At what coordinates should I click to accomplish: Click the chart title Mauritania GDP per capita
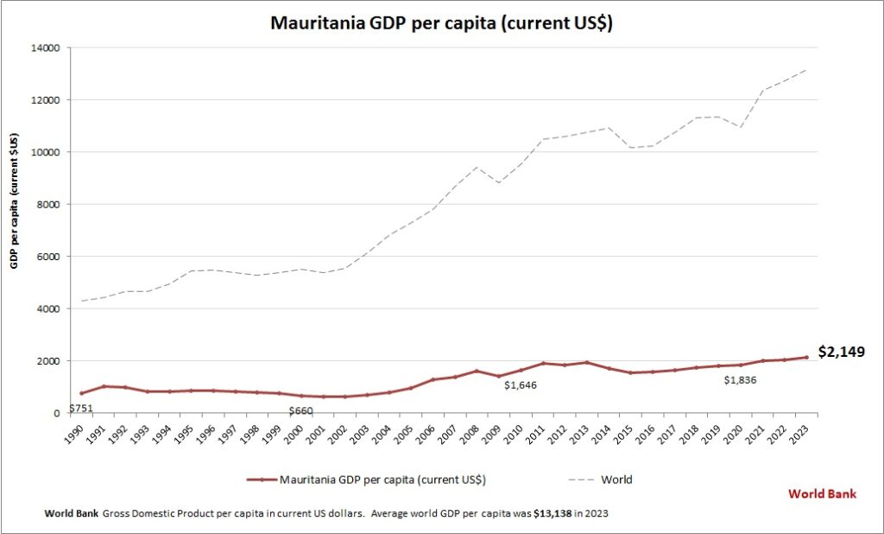coord(441,23)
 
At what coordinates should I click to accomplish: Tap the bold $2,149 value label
coord(841,352)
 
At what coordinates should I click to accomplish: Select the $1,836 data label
coord(742,380)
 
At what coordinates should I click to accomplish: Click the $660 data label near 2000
coord(300,410)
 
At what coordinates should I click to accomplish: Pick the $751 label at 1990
coord(80,409)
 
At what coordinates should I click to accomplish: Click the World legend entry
coord(616,479)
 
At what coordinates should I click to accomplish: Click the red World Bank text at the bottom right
coord(822,494)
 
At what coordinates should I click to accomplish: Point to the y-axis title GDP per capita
coord(15,201)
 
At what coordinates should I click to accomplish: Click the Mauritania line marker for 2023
coord(806,357)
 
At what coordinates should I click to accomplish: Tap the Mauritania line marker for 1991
coord(104,386)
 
